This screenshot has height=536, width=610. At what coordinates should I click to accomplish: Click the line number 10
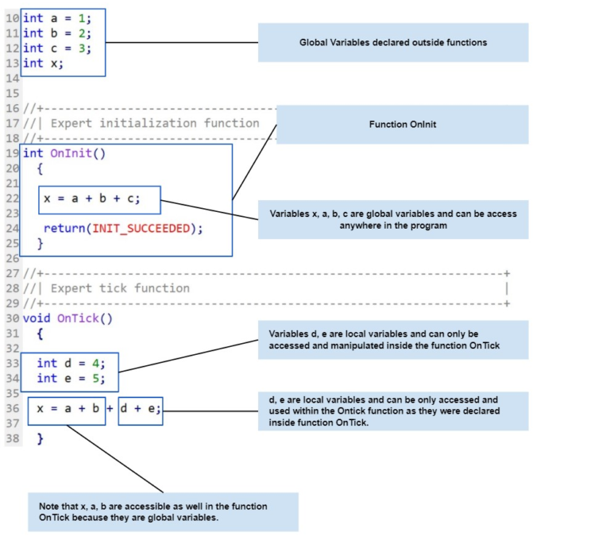tap(12, 17)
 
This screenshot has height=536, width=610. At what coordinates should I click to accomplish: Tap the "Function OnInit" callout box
tap(402, 125)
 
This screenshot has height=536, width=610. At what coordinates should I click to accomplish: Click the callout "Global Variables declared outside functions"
tap(392, 42)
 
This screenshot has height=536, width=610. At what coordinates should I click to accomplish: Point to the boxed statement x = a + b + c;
tap(99, 199)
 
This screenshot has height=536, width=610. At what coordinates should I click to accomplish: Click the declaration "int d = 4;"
tap(71, 363)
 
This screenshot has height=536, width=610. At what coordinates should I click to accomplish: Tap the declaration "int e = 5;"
tap(71, 379)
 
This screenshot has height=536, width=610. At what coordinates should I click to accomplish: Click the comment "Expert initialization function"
tap(155, 123)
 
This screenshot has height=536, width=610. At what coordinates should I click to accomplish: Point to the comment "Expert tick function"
tap(120, 288)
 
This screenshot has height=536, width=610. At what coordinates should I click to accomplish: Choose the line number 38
tap(12, 438)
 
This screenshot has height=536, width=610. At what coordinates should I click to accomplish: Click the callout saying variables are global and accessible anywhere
tap(392, 219)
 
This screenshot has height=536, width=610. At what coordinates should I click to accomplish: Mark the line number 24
tap(12, 229)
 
